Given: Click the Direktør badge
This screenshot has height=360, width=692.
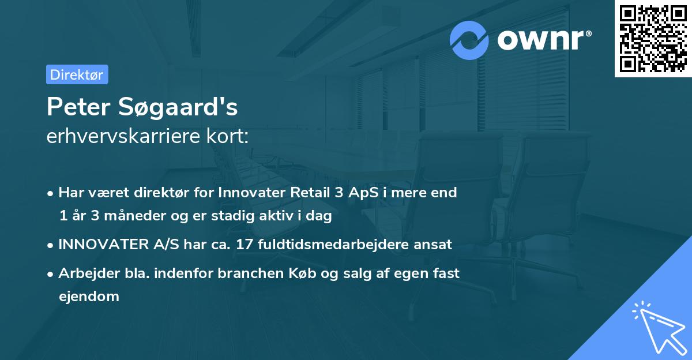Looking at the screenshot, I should coord(77,74).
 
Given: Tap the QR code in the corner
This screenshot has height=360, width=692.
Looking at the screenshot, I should coord(653,38).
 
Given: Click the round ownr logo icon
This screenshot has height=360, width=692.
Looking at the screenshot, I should coord(469,40).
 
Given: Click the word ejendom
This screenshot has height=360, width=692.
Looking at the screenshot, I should coord(89,297).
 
